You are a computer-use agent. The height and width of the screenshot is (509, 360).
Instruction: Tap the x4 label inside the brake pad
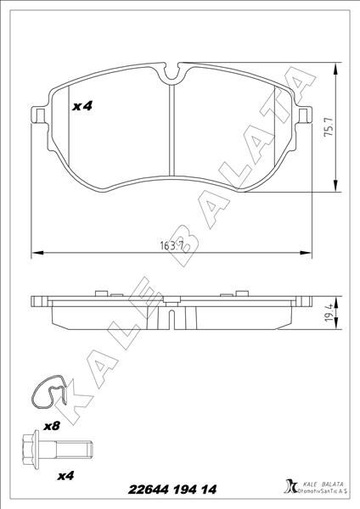pos(82,107)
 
